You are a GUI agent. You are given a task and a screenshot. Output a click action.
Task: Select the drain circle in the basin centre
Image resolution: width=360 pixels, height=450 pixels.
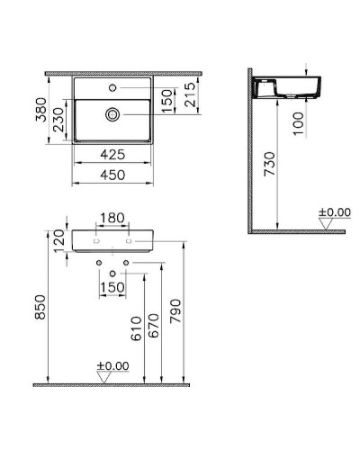click(x=113, y=114)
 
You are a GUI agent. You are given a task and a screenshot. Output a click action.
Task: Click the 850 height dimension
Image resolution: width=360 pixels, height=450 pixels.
click(x=38, y=310)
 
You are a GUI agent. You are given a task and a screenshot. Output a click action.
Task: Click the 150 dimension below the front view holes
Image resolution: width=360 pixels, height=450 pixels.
click(x=113, y=287)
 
